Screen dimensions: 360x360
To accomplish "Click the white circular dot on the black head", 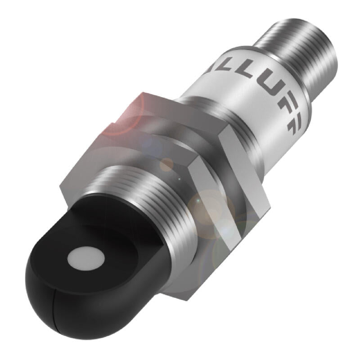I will tap(84, 258).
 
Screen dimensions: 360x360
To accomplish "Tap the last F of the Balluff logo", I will tap(295, 128).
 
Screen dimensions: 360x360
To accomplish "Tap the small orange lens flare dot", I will tap(167, 164).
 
